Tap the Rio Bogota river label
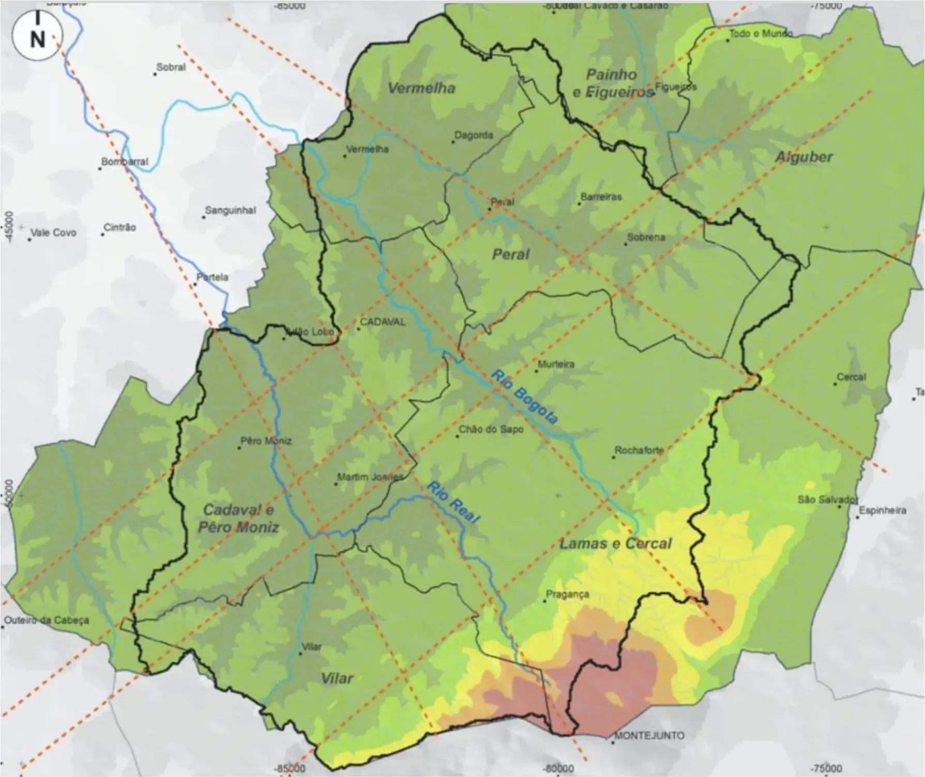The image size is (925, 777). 524,397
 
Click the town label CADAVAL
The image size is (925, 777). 383,322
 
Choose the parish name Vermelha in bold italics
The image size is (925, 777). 421,88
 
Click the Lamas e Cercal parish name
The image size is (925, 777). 615,543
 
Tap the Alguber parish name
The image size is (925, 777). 803,157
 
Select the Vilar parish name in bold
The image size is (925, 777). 337,679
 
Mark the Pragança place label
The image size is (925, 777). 568,595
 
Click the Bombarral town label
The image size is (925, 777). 125,162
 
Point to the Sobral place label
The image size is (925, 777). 171,67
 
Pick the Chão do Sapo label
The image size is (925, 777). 491,429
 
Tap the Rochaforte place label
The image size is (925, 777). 639,450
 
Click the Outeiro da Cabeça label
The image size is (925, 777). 46,620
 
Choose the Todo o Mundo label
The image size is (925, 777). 760,34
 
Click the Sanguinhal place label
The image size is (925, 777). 230,211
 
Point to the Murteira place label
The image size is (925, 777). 556,364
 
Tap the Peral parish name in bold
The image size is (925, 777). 511,254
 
